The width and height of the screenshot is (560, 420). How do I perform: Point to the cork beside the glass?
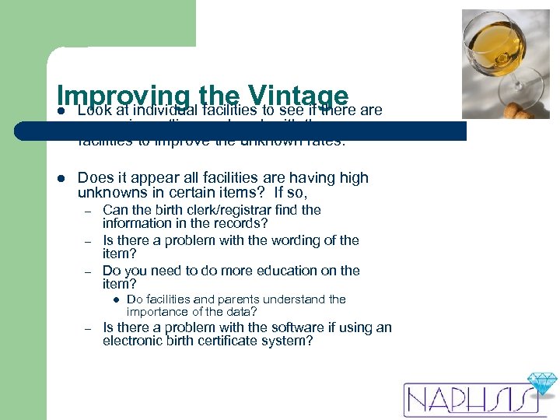pyautogui.click(x=518, y=112)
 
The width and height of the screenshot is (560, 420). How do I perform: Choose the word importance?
pyautogui.click(x=159, y=312)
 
